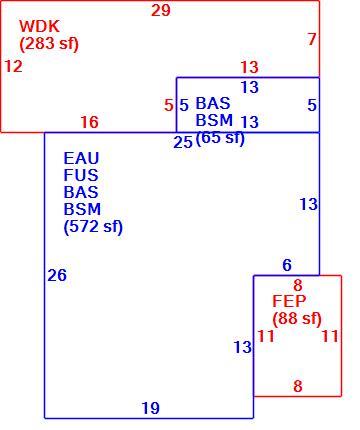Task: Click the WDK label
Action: [x=39, y=26]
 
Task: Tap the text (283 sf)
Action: [x=49, y=44]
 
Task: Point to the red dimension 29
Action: [x=161, y=10]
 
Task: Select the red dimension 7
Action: [x=312, y=39]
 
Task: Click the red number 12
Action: [x=13, y=66]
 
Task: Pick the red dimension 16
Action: [x=90, y=122]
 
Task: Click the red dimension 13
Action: [x=249, y=67]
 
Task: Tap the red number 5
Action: [x=169, y=105]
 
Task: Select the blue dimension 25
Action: [x=183, y=142]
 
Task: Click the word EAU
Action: [x=81, y=158]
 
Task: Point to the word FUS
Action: [x=81, y=175]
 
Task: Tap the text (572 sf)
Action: [x=93, y=227]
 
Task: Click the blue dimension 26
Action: [x=57, y=275]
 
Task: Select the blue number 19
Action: [x=151, y=408]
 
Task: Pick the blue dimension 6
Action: [x=287, y=265]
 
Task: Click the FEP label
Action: [x=289, y=301]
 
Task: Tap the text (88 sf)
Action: [x=297, y=319]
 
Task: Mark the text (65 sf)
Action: [x=220, y=137]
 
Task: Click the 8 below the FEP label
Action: [x=298, y=386]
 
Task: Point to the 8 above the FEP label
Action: [x=298, y=285]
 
